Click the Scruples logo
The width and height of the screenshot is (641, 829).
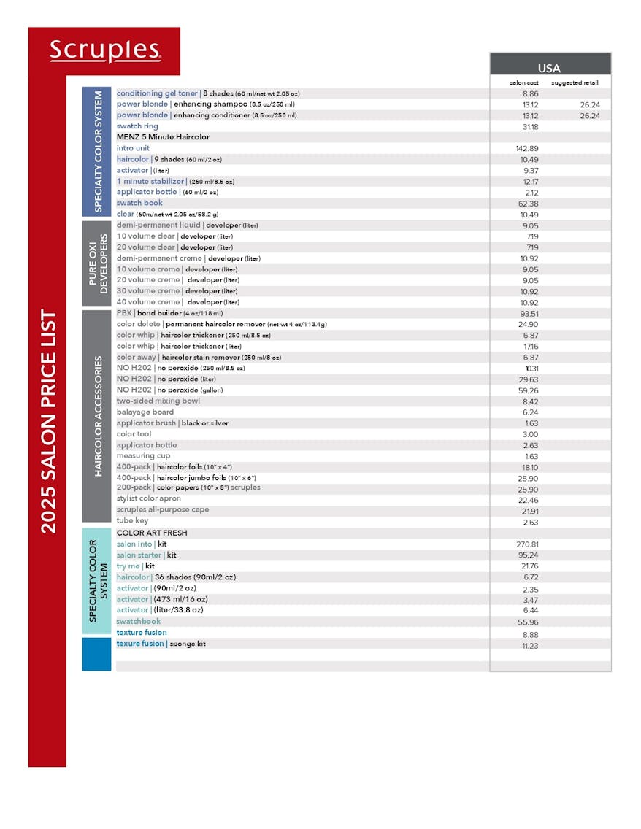105,50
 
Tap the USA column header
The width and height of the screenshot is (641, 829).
549,68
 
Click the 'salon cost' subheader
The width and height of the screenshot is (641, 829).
523,83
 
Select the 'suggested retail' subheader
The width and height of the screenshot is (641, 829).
575,83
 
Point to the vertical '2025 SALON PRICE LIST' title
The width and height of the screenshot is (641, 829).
48,423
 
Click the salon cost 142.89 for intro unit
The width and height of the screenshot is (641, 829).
526,148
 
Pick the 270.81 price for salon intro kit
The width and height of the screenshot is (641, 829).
527,544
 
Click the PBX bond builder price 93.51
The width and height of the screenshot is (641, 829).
529,313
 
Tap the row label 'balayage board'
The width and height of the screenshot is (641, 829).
145,412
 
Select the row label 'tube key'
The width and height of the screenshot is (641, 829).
131,520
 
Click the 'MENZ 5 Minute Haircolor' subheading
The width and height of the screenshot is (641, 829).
163,137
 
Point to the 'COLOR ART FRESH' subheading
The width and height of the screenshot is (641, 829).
152,533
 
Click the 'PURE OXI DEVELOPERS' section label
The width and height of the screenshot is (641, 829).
97,263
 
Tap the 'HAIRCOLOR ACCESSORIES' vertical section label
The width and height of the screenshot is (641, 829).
98,416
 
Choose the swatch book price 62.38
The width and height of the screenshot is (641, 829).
529,204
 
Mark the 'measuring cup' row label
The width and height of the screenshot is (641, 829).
143,455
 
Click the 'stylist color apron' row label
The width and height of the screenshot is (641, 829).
149,498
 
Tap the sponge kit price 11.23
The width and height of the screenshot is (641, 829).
530,646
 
